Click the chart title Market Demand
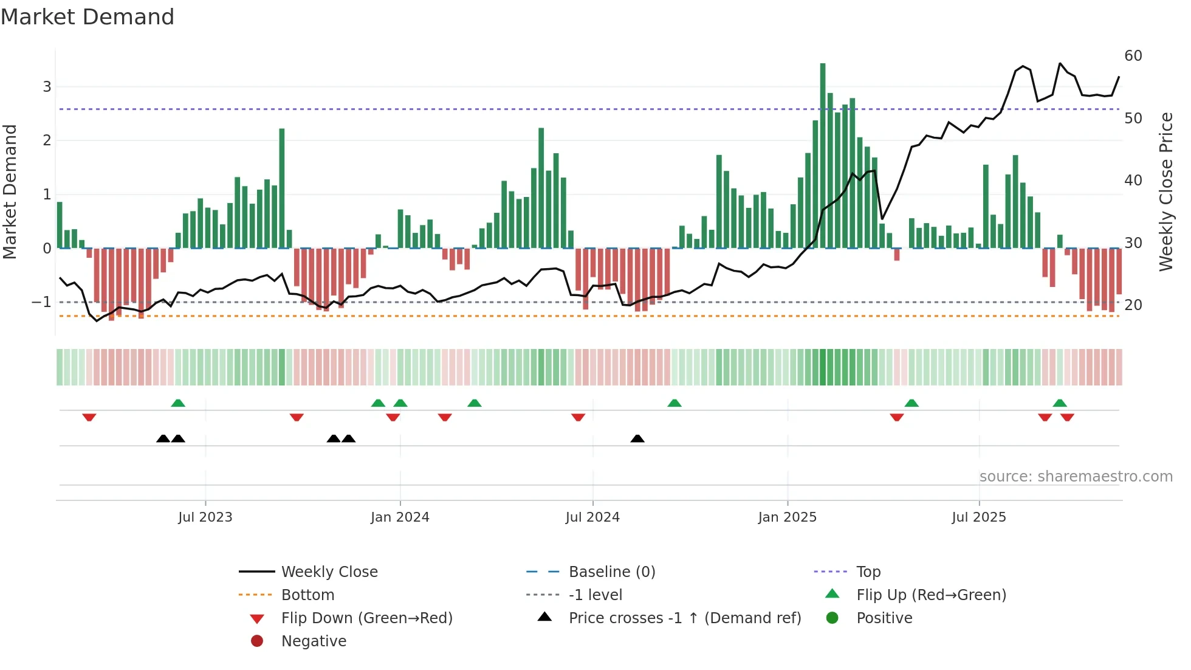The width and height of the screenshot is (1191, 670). [x=88, y=17]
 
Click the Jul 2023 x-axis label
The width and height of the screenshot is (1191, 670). [x=205, y=517]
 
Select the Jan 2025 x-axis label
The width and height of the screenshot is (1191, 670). [x=787, y=517]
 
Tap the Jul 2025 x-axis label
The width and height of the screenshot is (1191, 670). [x=978, y=517]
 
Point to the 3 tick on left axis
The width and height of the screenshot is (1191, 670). [x=47, y=87]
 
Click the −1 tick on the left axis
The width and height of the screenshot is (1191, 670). [x=41, y=302]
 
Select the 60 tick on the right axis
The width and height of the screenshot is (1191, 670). [x=1133, y=56]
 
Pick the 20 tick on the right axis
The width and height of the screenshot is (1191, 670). [x=1133, y=305]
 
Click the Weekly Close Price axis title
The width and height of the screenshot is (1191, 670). [x=1165, y=192]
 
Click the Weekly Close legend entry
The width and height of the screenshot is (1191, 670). [x=329, y=572]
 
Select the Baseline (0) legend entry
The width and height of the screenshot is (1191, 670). [x=611, y=572]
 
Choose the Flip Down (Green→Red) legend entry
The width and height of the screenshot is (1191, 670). [x=366, y=618]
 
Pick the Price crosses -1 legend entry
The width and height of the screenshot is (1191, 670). [x=684, y=618]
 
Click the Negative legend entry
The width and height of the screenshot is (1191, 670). [x=314, y=641]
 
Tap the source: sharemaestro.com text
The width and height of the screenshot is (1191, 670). [x=1076, y=477]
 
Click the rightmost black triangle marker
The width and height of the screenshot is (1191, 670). [x=637, y=439]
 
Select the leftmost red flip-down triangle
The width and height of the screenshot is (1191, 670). [x=89, y=417]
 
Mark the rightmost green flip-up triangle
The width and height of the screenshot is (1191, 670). [x=1060, y=403]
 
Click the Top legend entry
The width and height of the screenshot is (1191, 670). [x=868, y=572]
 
